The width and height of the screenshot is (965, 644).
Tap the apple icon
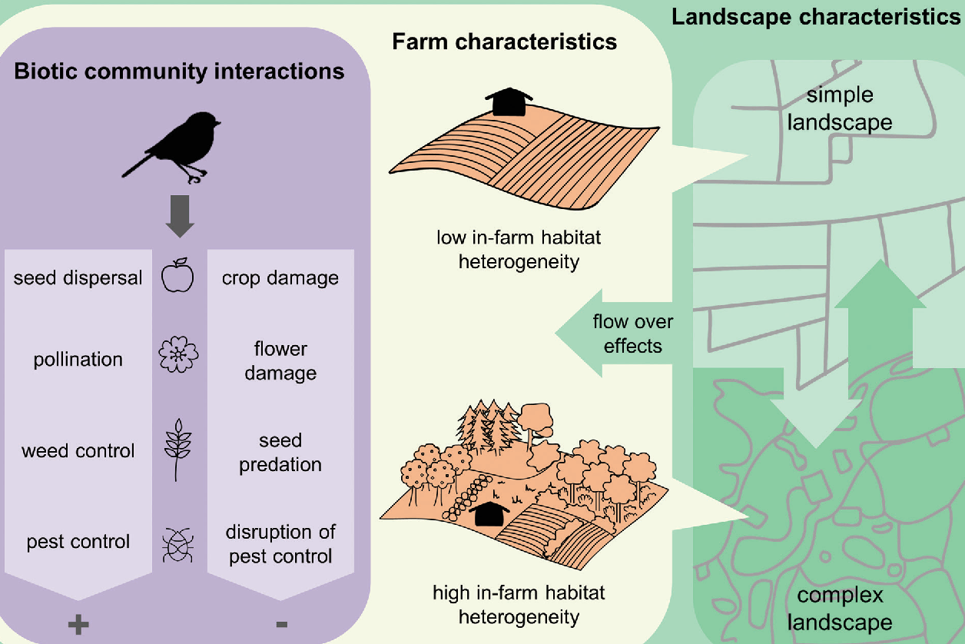[x=178, y=276]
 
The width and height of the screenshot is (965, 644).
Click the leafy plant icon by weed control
[x=178, y=450]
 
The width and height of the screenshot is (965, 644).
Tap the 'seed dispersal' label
[x=78, y=277]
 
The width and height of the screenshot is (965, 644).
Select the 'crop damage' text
[x=280, y=277]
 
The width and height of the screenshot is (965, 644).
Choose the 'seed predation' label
[x=280, y=453]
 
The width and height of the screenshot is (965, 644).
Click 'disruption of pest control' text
[x=280, y=544]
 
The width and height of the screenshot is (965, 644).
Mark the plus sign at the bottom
[x=78, y=624]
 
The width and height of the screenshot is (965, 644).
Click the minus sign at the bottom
[x=280, y=624]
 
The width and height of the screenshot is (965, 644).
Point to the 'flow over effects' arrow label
[x=627, y=334]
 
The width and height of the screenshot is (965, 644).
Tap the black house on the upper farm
[x=509, y=102]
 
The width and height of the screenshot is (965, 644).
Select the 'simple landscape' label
[x=840, y=108]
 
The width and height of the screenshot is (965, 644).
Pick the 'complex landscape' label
[x=840, y=608]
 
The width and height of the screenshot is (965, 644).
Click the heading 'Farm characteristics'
[x=505, y=41]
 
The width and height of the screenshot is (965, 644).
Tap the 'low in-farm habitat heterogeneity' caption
[x=519, y=249]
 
